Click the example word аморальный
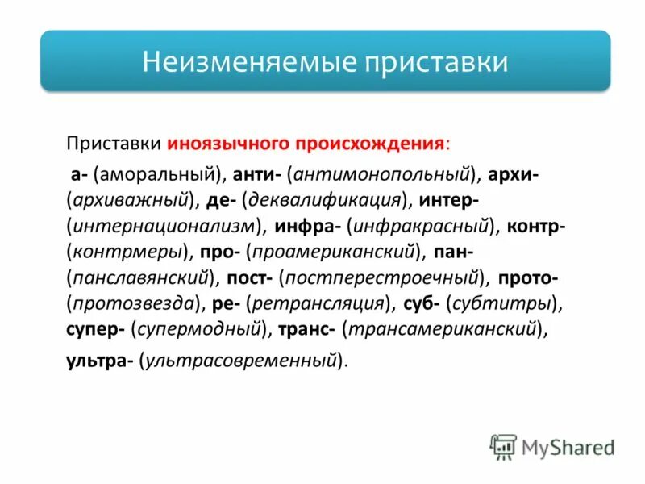pyautogui.click(x=158, y=172)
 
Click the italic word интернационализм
pyautogui.click(x=164, y=225)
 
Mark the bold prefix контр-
pyautogui.click(x=536, y=225)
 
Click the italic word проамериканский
pyautogui.click(x=335, y=252)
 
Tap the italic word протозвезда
pyautogui.click(x=135, y=304)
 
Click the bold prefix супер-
pyautogui.click(x=95, y=330)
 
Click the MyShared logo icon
pyautogui.click(x=502, y=446)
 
